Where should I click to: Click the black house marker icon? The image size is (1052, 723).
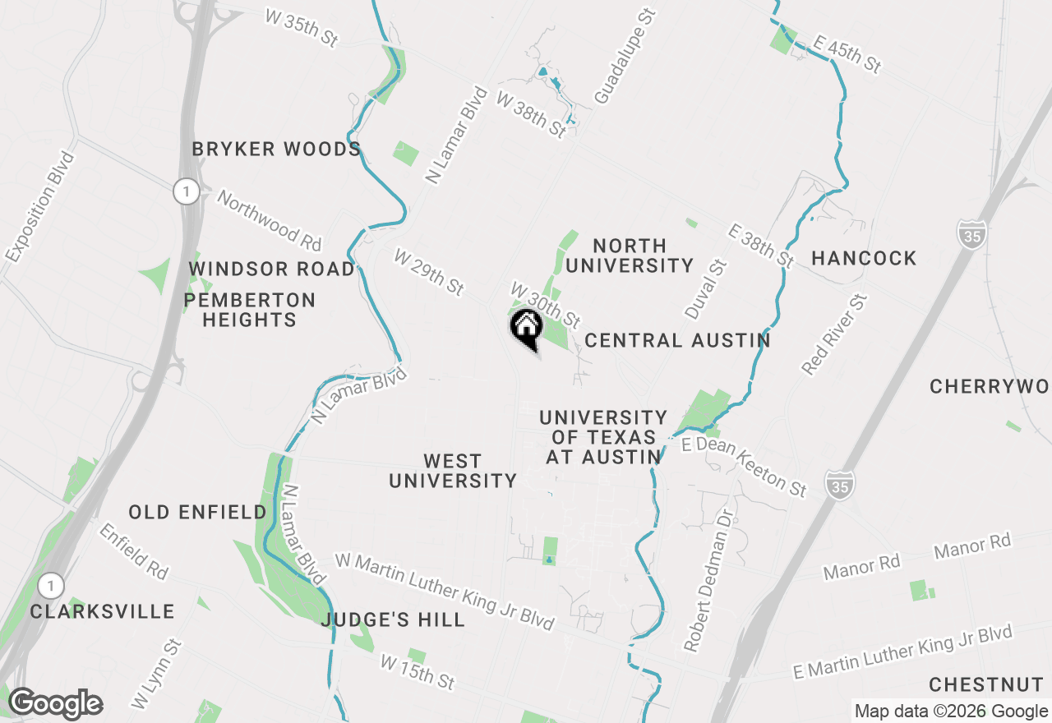(x=526, y=327)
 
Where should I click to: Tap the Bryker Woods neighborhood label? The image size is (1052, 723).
(x=276, y=150)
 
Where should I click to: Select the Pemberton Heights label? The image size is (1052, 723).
(x=250, y=310)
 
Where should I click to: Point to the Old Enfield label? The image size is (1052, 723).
(x=198, y=513)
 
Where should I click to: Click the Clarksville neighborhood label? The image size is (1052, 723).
(x=103, y=612)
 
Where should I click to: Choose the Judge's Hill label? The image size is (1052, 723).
(x=394, y=619)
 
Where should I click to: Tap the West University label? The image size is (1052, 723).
(x=453, y=471)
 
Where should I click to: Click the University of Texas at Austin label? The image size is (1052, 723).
(x=603, y=437)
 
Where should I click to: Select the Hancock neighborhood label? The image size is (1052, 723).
(x=864, y=259)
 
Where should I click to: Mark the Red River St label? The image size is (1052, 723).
(x=835, y=336)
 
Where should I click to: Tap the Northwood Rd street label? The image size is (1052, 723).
(x=269, y=220)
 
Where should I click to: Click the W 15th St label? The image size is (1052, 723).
(x=418, y=672)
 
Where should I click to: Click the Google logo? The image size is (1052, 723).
(x=55, y=704)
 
